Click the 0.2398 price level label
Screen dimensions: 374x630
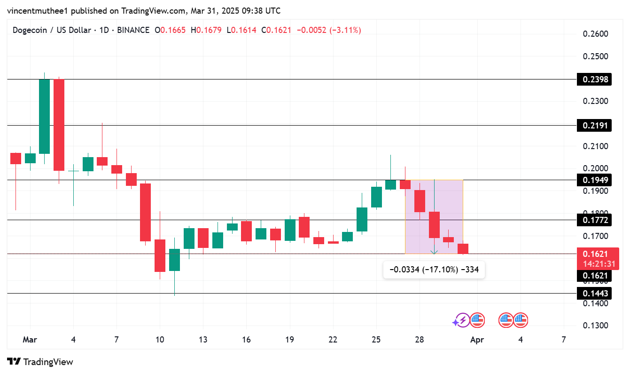596,79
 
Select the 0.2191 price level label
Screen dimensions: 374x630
596,125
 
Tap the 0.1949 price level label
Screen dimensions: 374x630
596,180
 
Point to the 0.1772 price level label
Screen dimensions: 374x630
596,220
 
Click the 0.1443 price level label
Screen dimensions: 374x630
596,294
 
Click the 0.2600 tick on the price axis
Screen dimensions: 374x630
595,34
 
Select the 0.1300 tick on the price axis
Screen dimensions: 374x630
595,326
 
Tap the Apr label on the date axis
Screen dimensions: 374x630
477,340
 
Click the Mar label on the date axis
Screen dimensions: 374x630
30,340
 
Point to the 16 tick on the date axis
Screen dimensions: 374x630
246,340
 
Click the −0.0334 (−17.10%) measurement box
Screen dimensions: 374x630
434,270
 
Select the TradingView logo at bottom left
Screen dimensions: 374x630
40,362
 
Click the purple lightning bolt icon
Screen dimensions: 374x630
462,321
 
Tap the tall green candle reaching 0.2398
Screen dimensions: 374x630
45,116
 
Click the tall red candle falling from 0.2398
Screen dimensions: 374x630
59,125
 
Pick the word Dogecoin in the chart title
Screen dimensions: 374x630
29,30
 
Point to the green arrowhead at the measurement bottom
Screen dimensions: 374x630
434,252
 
